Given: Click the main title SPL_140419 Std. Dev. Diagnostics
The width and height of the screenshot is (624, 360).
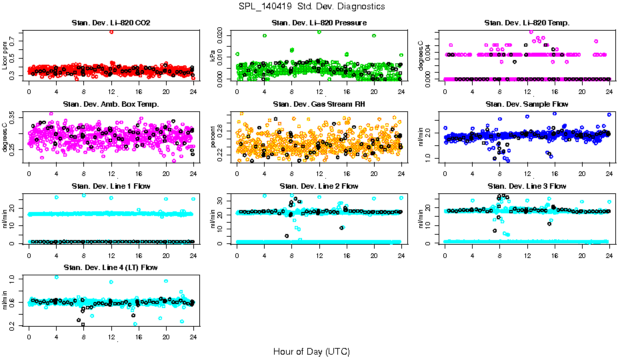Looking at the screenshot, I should point(311,7).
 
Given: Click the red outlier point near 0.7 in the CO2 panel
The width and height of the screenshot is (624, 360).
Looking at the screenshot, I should point(111,32).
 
